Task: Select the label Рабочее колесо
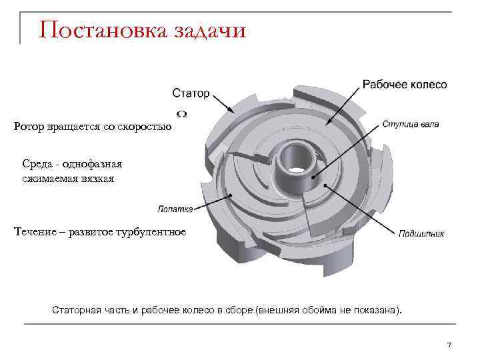tap(405, 85)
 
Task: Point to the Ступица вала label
tap(411, 125)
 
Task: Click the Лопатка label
tap(175, 209)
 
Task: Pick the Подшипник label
tap(421, 233)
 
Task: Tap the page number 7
tap(449, 345)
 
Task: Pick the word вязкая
tap(98, 178)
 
